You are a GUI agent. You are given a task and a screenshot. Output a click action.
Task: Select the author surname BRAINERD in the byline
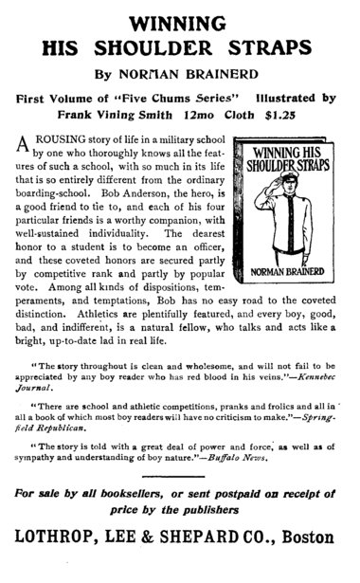coord(230,76)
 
